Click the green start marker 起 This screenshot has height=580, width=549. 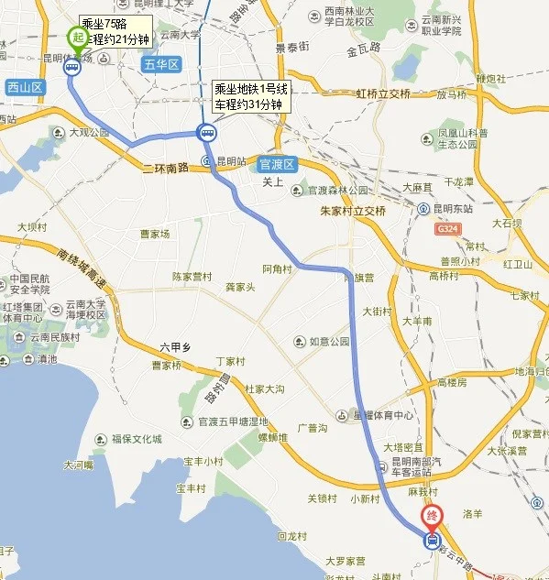(77, 38)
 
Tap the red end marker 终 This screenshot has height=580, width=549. (431, 516)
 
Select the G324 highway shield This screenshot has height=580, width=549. (448, 228)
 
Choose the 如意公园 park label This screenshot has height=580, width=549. (329, 342)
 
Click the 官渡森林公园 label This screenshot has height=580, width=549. (335, 191)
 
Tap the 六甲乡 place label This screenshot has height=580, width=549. (174, 346)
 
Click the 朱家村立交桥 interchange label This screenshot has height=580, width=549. (353, 211)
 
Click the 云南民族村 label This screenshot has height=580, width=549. (50, 338)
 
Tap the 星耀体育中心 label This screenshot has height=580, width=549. (379, 413)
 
